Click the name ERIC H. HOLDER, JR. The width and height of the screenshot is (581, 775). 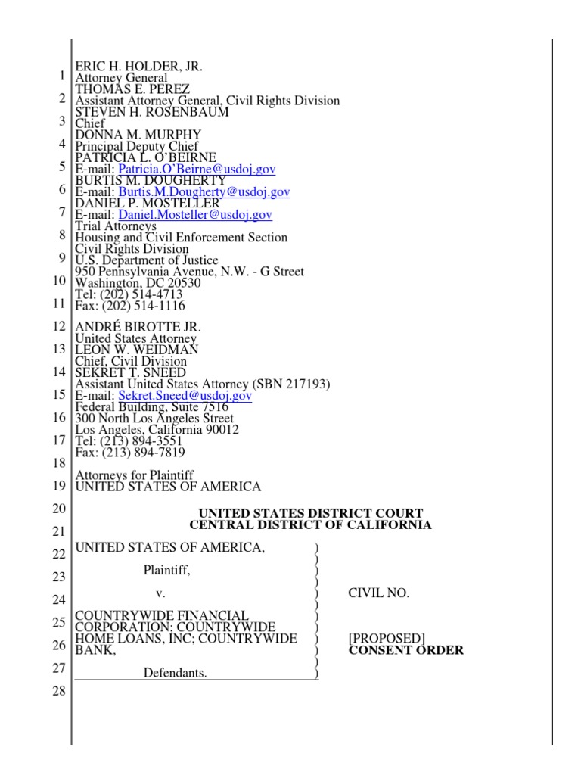coord(138,67)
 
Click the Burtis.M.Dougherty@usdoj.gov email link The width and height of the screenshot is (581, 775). coord(205,192)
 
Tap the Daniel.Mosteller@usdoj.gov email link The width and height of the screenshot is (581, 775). coord(196,215)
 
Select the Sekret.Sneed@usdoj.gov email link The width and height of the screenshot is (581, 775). coord(185,396)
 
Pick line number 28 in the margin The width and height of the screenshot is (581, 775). coord(60,692)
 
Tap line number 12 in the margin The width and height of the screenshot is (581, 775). coord(60,326)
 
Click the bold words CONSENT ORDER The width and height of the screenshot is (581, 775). coord(405,650)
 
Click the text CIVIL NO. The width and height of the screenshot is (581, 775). coord(378,593)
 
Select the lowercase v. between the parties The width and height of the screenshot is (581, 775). coord(160,593)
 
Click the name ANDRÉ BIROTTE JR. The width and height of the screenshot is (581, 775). coord(138,327)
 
